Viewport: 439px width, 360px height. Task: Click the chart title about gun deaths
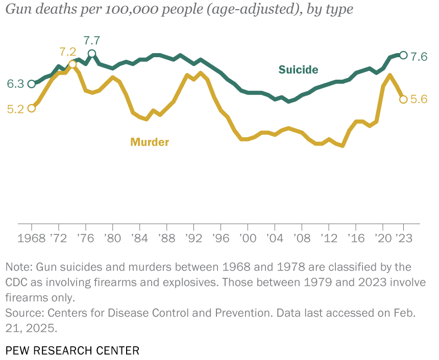tap(179, 10)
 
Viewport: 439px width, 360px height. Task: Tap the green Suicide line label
tap(298, 70)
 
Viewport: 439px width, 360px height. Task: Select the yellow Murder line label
tap(150, 142)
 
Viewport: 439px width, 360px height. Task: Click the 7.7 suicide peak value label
tap(92, 40)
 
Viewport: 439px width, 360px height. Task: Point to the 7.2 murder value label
tap(67, 52)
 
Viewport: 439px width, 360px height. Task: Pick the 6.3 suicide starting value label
tap(15, 84)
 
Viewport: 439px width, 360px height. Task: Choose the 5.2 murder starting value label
tap(15, 109)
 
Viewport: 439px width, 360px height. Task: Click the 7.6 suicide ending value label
tap(419, 57)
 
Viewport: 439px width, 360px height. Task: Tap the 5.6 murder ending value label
tap(419, 100)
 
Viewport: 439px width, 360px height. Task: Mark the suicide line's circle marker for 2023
tap(403, 55)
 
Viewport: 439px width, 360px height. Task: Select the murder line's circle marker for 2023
tap(403, 99)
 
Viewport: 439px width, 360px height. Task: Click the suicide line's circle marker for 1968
tap(32, 84)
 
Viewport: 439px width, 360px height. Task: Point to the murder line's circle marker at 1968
tap(32, 108)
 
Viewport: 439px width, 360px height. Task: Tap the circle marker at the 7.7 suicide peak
tap(92, 54)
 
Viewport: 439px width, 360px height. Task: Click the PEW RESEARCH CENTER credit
tap(72, 350)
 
